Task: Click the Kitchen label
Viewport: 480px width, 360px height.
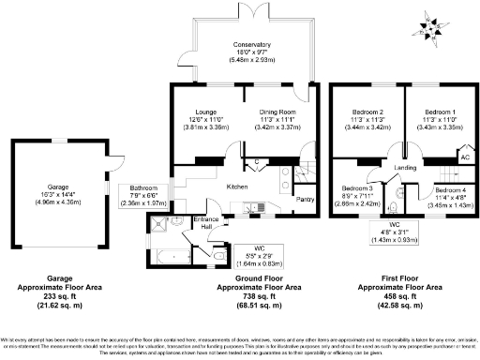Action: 236,187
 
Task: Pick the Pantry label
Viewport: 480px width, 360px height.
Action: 305,200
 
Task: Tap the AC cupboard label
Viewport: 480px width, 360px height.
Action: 463,157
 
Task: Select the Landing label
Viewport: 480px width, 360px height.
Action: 404,168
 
